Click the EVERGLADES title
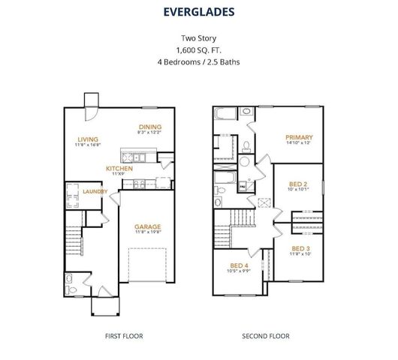click(x=199, y=12)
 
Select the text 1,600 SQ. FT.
click(x=199, y=49)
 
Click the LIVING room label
click(x=88, y=139)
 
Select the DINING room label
click(x=150, y=127)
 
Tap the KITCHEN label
click(x=119, y=169)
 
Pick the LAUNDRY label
click(x=94, y=191)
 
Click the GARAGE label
click(x=146, y=226)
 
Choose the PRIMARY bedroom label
click(x=298, y=137)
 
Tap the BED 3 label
click(x=300, y=247)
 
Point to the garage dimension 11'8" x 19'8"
click(x=146, y=232)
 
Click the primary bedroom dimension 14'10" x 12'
click(x=298, y=143)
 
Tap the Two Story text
click(x=199, y=37)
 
